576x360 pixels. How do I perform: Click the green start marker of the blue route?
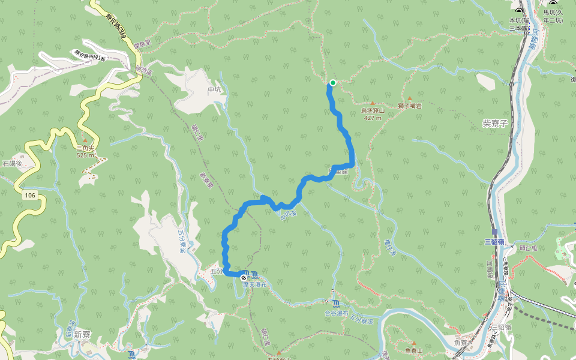332,83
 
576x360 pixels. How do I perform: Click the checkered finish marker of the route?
244,278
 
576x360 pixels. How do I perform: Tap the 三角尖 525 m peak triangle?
85,140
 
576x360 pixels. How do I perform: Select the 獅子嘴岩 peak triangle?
410,98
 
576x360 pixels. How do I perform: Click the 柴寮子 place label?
495,122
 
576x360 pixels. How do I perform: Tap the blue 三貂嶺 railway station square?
494,232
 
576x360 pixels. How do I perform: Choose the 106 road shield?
29,196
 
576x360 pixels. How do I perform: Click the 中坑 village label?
215,90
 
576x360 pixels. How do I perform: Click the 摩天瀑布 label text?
254,284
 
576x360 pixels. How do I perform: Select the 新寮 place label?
82,335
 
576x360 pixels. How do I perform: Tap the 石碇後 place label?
12,163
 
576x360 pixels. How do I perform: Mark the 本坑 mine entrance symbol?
519,11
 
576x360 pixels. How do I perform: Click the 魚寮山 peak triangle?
413,343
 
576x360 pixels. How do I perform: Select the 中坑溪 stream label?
288,214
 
